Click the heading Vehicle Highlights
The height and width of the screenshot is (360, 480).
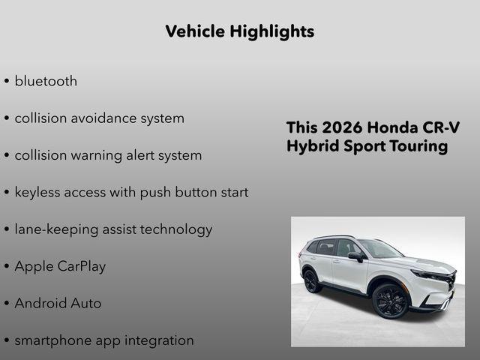pos(239,31)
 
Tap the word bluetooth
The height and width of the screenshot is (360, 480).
pos(46,81)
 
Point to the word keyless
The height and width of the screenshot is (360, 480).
pos(39,192)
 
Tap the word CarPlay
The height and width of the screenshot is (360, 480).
pos(81,266)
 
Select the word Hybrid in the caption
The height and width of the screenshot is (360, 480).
pos(311,145)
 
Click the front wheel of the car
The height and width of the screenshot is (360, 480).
pos(390,300)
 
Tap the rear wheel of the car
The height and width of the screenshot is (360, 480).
pos(312,281)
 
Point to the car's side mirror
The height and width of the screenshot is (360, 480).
pos(355,256)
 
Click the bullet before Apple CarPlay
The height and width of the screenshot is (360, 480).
pos(7,267)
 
